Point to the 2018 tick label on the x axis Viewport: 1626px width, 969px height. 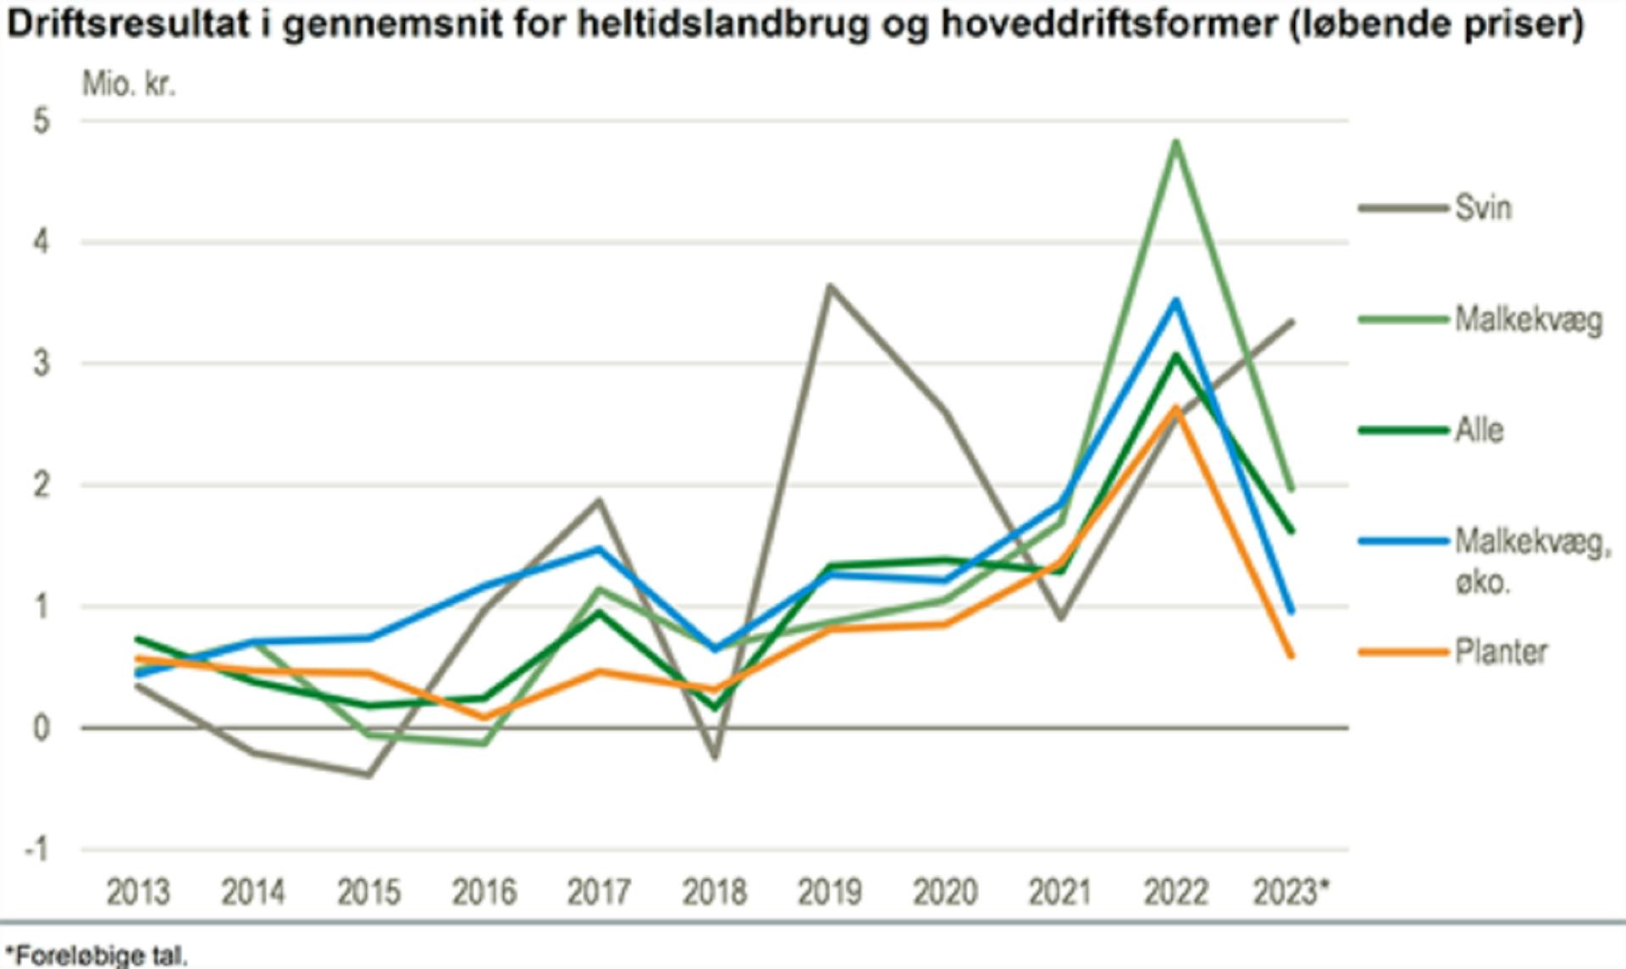(x=714, y=892)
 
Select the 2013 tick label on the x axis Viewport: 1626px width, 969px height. (x=137, y=892)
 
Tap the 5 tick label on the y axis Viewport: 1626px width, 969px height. (x=41, y=121)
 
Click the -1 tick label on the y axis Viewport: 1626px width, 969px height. (x=36, y=849)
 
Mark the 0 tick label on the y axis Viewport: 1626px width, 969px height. (x=41, y=728)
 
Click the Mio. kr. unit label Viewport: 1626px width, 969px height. (x=129, y=84)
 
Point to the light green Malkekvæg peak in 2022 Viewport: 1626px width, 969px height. (x=1175, y=141)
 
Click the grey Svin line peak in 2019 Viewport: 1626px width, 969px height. (x=830, y=286)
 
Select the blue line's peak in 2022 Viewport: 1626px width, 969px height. (x=1175, y=300)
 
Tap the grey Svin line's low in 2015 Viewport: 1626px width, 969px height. (x=369, y=774)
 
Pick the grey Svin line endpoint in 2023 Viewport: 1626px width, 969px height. (x=1291, y=322)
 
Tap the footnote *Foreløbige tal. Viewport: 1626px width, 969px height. (x=95, y=955)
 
